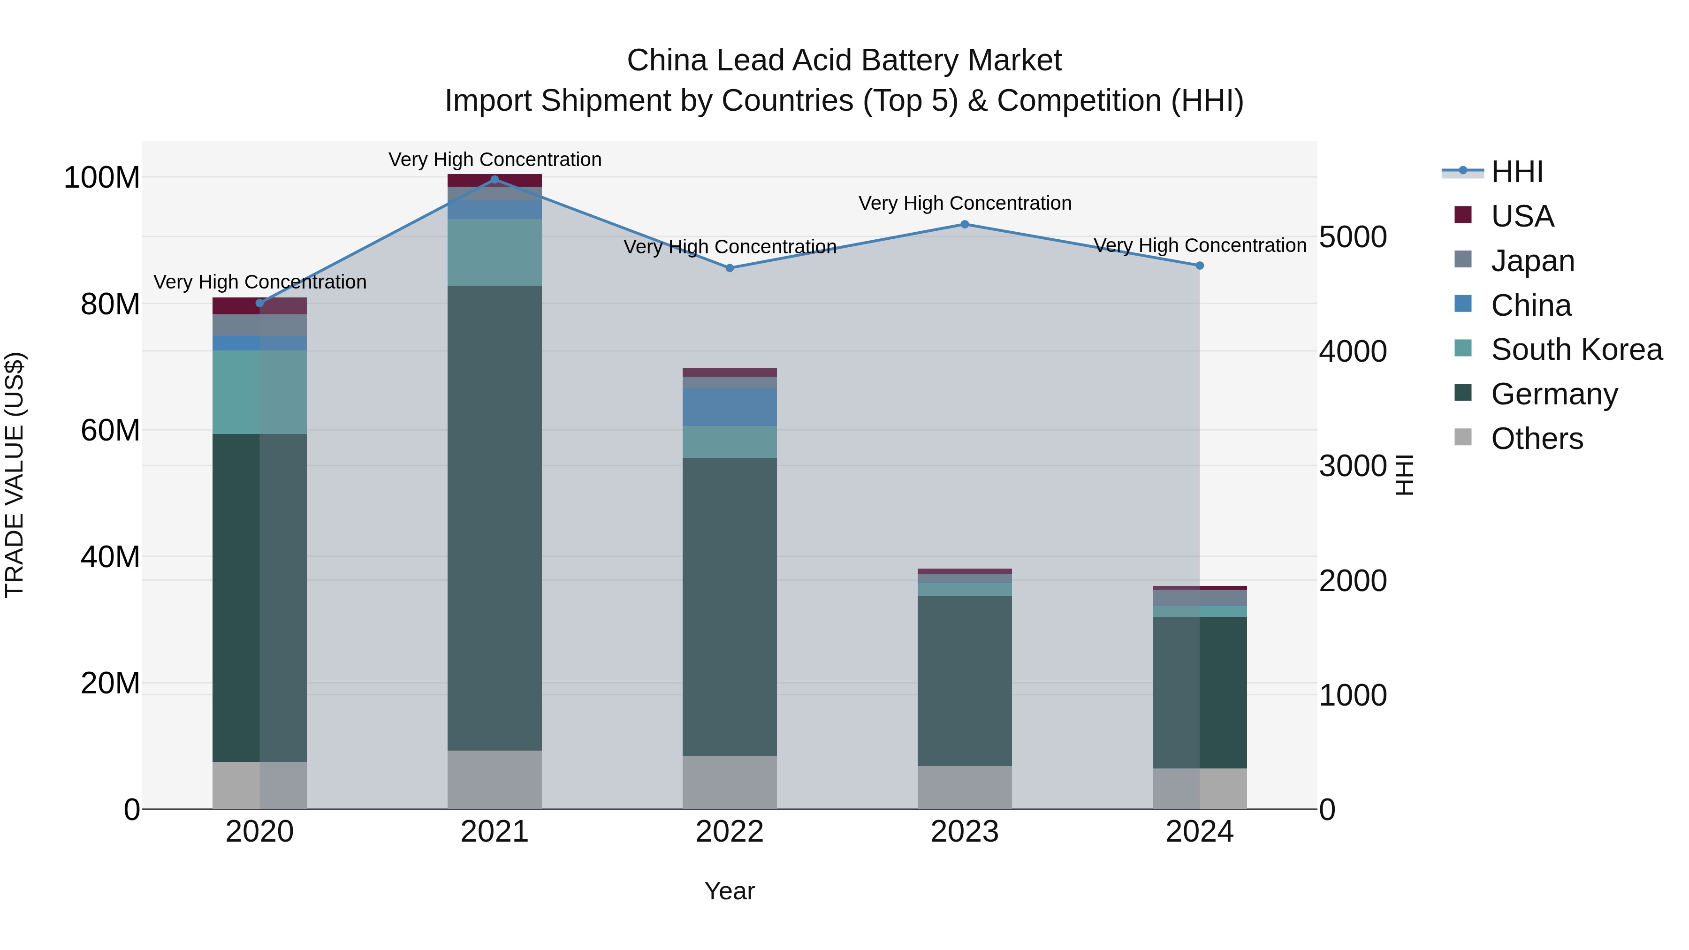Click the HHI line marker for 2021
495,180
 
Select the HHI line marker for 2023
965,224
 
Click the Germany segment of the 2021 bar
495,518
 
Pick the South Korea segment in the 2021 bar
495,252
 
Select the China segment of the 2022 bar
730,407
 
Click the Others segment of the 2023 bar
965,787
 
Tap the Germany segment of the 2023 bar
965,681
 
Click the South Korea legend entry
1576,350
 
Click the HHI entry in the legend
1516,172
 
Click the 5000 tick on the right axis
1353,237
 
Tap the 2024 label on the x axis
1199,832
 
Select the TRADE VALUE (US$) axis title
15,475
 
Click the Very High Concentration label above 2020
259,282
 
